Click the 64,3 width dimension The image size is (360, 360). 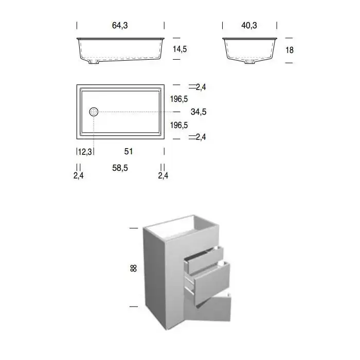point(120,25)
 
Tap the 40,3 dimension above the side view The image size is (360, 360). point(249,25)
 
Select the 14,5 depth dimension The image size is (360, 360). point(180,49)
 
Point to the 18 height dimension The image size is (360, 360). point(290,50)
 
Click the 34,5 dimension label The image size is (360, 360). point(199,112)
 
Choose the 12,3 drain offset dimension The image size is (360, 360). point(85,152)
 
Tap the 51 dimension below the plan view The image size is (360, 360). point(129,151)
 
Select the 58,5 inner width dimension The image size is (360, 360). point(120,168)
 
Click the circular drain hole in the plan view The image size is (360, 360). point(94,112)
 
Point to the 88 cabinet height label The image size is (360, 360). point(133,268)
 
